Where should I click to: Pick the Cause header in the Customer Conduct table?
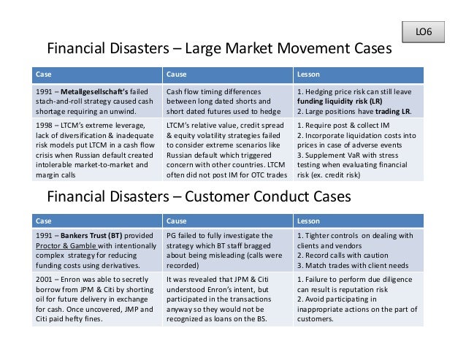[176, 220]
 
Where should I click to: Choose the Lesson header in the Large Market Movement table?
[307, 74]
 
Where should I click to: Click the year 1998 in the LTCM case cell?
[45, 126]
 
